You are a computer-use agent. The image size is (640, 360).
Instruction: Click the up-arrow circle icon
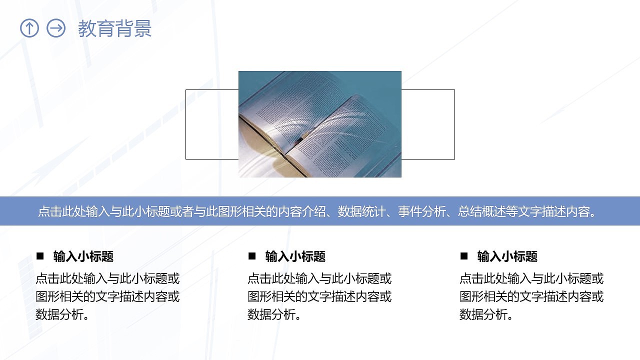[x=29, y=28]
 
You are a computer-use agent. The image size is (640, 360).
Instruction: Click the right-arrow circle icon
[x=56, y=28]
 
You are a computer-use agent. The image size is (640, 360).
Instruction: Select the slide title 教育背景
[x=114, y=29]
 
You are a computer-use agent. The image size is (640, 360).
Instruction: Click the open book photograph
[x=320, y=124]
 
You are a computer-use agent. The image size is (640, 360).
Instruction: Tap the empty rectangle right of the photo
[x=428, y=124]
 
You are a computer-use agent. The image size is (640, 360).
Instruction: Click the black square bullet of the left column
[x=40, y=256]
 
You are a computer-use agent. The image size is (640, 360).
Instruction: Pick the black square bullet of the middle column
[x=252, y=256]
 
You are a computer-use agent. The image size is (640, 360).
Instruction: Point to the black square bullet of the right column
[x=464, y=256]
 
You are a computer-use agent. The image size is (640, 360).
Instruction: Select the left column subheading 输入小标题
[x=83, y=257]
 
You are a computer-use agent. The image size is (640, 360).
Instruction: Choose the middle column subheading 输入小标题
[x=295, y=257]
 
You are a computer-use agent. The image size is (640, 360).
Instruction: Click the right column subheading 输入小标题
[x=507, y=257]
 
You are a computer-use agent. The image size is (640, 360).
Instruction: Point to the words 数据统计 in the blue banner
[x=361, y=211]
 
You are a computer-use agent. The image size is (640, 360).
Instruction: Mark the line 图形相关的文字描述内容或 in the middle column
[x=319, y=296]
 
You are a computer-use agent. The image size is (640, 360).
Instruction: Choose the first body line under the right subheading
[x=531, y=278]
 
